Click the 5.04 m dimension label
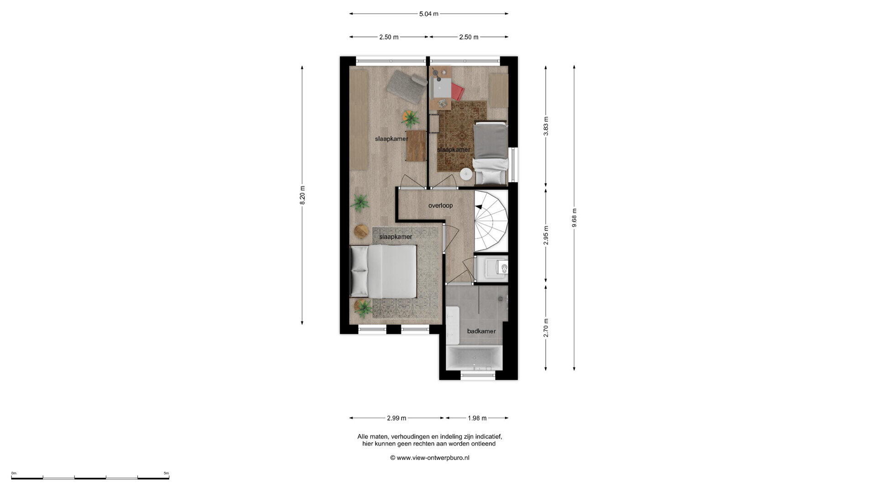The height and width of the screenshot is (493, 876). (428, 14)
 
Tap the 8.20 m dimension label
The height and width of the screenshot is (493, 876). (302, 195)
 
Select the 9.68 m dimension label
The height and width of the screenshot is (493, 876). (574, 218)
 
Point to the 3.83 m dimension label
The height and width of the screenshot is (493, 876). (546, 126)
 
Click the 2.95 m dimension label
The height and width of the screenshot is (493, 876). (546, 235)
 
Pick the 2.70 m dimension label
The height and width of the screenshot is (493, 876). (546, 328)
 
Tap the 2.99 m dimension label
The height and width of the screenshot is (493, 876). (396, 418)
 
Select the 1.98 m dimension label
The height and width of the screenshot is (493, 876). (477, 418)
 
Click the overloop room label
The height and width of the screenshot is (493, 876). (440, 205)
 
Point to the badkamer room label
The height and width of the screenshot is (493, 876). (481, 331)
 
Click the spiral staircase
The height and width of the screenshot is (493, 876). (491, 221)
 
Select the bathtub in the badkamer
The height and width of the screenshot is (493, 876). (474, 358)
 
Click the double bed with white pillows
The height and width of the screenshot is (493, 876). (383, 271)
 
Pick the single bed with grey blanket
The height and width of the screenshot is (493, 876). (490, 152)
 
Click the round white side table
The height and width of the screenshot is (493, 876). (466, 173)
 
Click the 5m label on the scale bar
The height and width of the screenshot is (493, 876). (166, 473)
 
